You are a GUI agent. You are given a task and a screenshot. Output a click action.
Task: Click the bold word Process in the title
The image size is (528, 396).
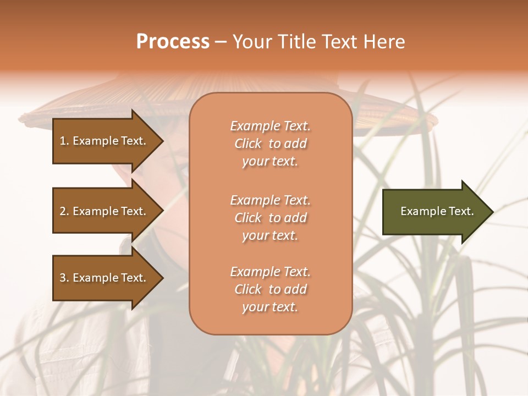[x=173, y=42]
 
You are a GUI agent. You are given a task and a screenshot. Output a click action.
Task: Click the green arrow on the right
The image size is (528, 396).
[x=435, y=211]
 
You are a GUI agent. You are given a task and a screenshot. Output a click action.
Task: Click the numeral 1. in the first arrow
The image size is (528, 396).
[x=64, y=141]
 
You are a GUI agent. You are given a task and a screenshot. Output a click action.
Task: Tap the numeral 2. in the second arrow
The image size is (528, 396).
[x=64, y=211]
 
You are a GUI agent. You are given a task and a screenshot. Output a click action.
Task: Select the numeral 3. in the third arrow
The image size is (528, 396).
[x=64, y=278]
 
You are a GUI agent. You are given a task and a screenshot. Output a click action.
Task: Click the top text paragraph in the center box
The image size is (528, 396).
[x=270, y=144]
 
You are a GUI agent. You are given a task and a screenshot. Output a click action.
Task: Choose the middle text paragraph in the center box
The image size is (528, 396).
[x=270, y=218]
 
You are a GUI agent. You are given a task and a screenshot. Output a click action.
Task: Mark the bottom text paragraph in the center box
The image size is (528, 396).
[x=270, y=289]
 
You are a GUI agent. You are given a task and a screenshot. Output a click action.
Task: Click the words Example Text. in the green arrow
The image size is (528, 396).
[x=437, y=211]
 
